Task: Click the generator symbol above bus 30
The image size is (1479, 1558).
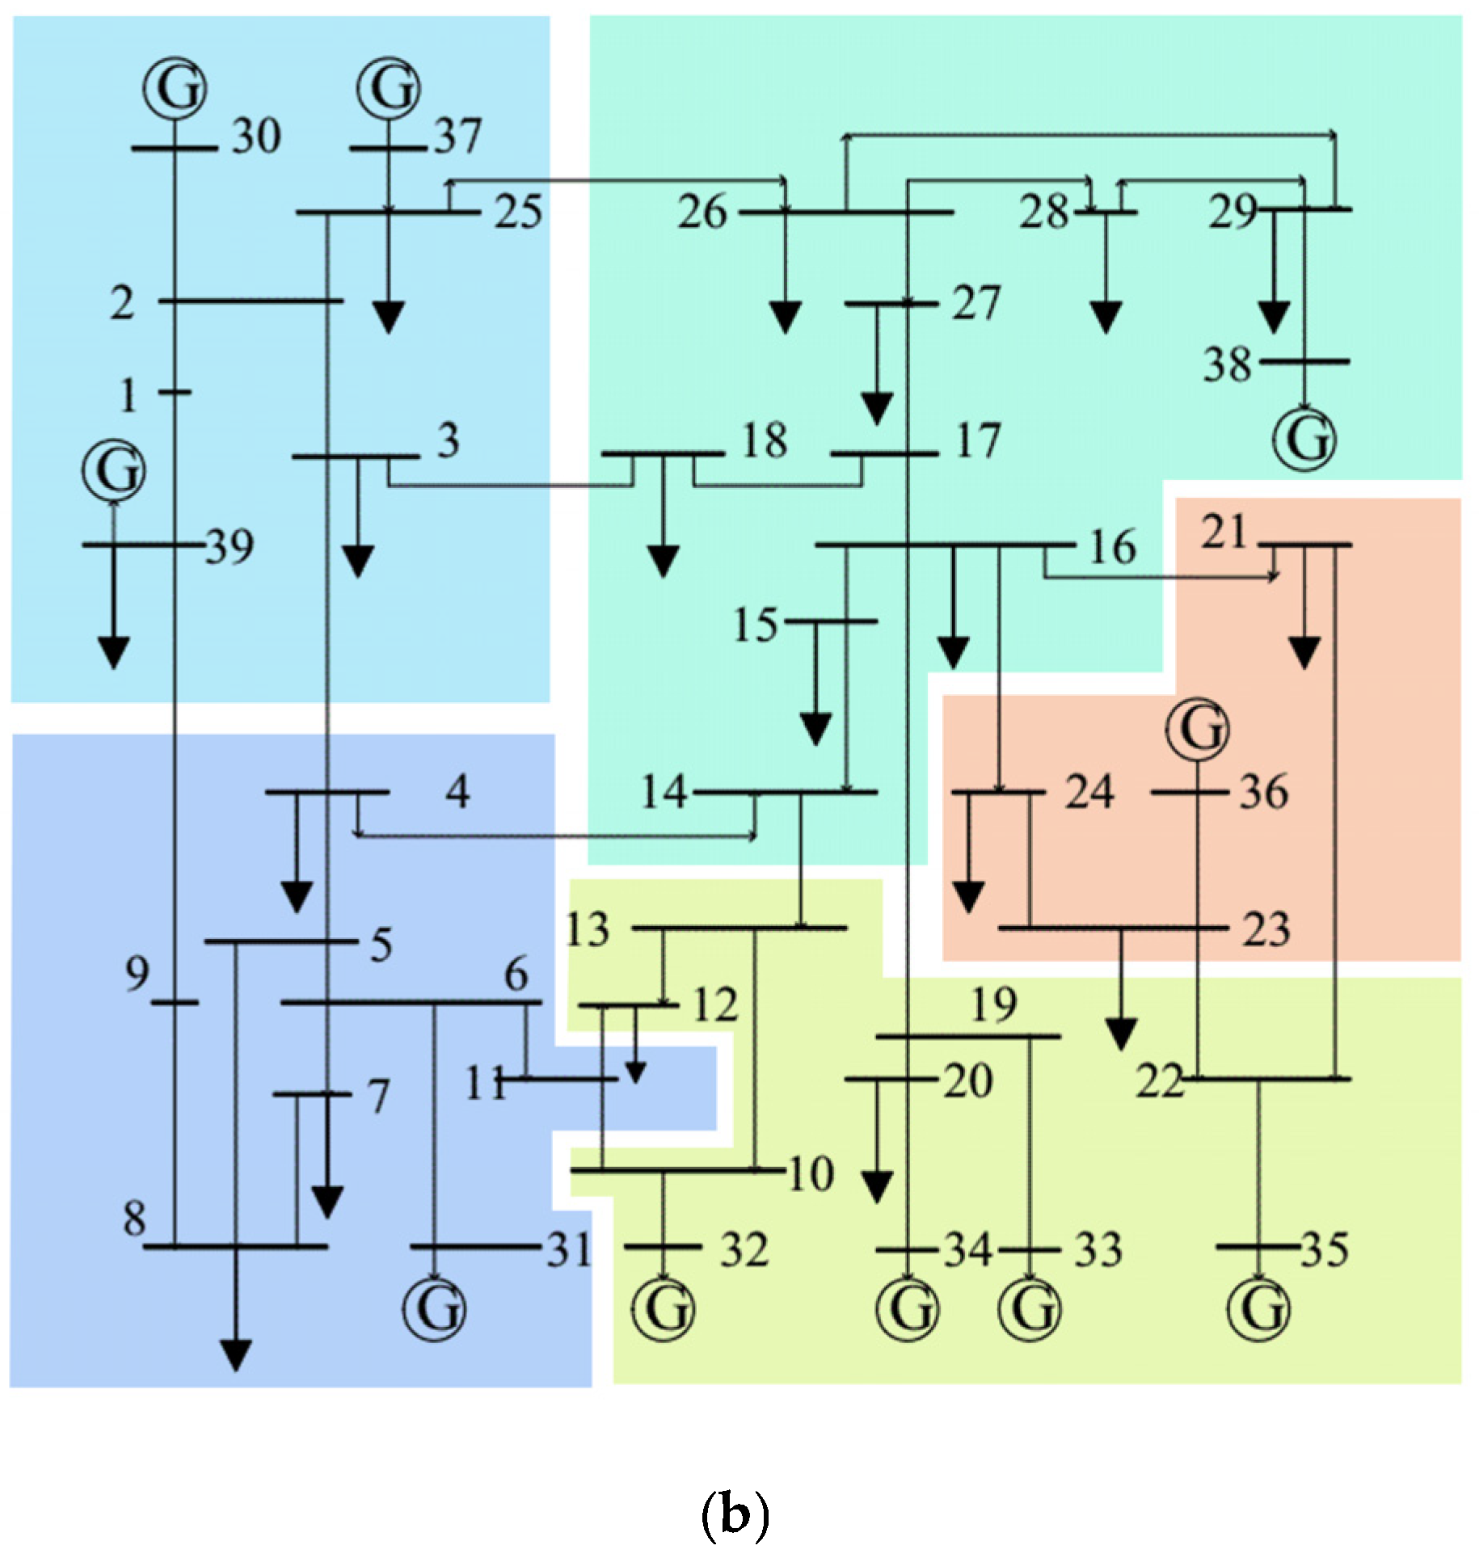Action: point(175,88)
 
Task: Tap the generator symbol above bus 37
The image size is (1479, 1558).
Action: point(389,87)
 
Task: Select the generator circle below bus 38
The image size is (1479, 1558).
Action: point(1304,439)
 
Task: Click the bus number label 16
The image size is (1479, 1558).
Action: point(1113,547)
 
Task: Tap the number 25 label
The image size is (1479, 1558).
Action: point(518,213)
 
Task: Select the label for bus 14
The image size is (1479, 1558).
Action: point(664,792)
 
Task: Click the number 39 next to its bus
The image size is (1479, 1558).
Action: point(230,547)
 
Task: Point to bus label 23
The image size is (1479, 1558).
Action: point(1266,929)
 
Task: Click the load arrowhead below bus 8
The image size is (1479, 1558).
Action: point(236,1355)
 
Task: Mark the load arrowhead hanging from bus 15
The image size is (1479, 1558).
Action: point(815,729)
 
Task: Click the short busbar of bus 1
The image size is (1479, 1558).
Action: point(175,392)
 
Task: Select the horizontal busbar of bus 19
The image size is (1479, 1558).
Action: point(968,1036)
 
